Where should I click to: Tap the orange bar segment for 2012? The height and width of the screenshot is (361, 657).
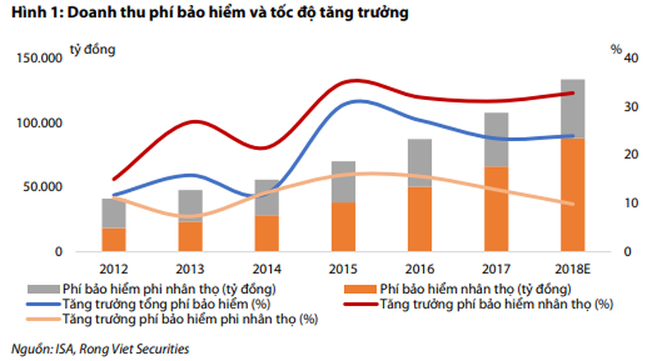[x=114, y=240]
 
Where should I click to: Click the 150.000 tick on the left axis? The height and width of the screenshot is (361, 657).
[x=38, y=59]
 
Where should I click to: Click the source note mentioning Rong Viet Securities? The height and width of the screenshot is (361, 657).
[x=99, y=349]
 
